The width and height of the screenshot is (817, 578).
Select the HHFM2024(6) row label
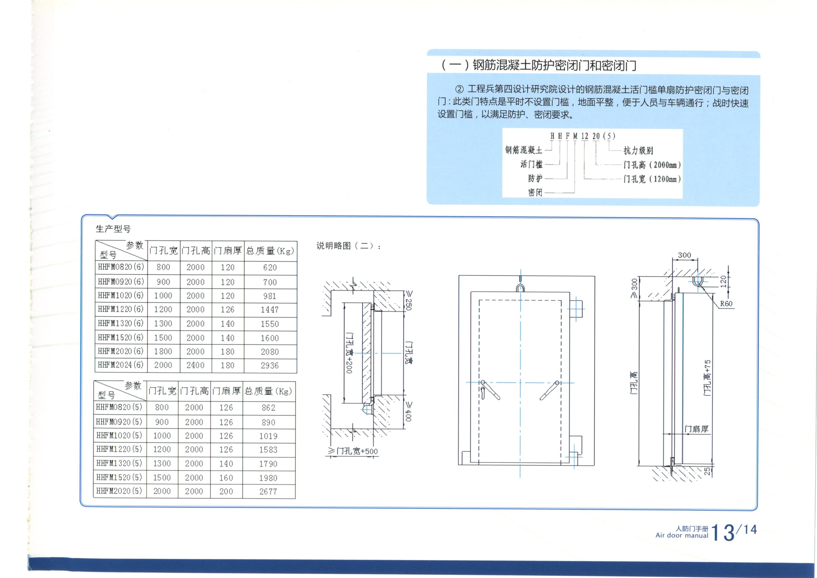[x=120, y=365]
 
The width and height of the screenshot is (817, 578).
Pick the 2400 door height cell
[x=195, y=365]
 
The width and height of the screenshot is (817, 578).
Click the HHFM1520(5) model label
[x=119, y=477]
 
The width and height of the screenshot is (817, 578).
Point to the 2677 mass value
[x=268, y=491]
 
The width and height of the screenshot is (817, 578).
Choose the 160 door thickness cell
[x=226, y=478]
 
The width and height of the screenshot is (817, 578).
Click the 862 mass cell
[x=268, y=408]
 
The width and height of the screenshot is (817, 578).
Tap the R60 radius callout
[x=726, y=304]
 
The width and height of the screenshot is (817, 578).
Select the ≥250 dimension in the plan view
[x=409, y=300]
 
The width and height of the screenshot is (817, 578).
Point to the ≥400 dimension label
[x=409, y=411]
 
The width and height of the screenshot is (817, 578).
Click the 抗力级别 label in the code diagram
[x=638, y=151]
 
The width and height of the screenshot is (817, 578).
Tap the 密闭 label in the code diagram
[x=535, y=193]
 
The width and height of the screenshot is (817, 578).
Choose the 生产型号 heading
[x=113, y=229]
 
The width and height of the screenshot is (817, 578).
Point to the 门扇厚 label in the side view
[x=697, y=429]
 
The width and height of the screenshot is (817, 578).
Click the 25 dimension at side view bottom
[x=707, y=471]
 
